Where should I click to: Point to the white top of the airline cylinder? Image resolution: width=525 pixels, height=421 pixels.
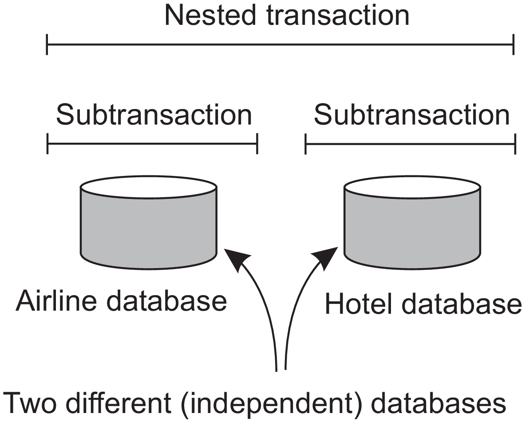[x=148, y=187]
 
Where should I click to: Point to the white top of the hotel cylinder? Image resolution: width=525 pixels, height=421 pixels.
[x=412, y=187]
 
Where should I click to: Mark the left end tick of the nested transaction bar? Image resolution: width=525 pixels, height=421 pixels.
[x=47, y=45]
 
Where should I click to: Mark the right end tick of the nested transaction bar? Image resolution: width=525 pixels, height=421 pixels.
[x=513, y=45]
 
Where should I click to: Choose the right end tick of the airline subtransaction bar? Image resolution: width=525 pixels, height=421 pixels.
[x=257, y=144]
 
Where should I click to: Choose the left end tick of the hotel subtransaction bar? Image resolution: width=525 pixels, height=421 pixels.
[x=305, y=144]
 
